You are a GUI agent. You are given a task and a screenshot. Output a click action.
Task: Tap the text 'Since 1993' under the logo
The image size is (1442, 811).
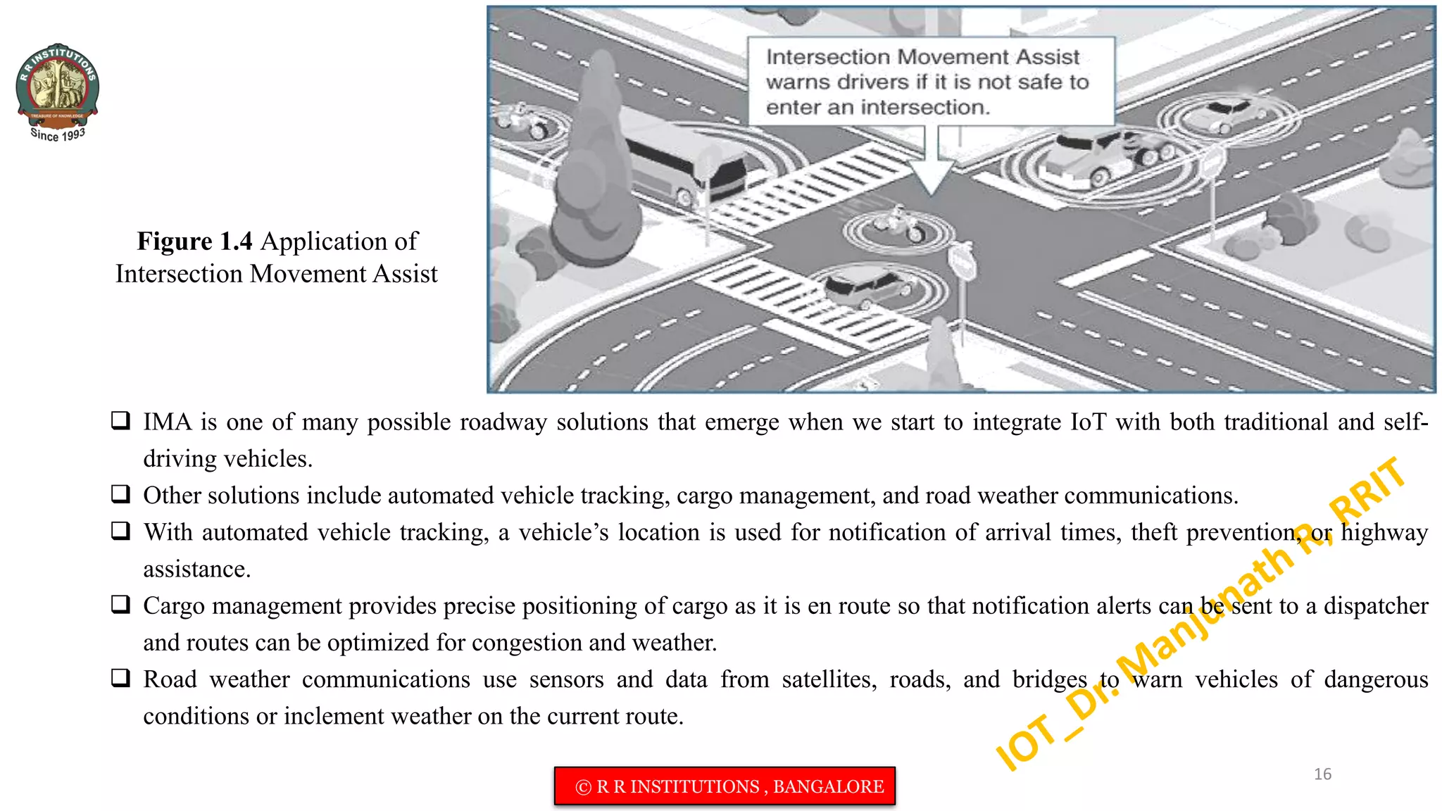(58, 134)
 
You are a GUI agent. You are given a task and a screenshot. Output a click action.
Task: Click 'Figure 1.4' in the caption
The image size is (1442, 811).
(194, 241)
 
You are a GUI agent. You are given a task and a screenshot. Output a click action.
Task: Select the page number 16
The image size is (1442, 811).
(1322, 774)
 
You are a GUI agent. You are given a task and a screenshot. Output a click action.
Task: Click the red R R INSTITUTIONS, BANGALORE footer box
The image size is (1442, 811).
(725, 786)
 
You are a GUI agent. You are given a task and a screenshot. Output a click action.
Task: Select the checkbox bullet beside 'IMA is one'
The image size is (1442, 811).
(121, 421)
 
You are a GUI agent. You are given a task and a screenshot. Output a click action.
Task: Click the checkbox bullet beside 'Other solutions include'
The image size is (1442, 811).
(121, 494)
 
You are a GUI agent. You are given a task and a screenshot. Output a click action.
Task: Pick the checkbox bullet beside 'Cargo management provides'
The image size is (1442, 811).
(121, 605)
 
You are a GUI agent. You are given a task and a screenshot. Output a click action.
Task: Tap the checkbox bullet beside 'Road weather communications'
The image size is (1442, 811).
(121, 678)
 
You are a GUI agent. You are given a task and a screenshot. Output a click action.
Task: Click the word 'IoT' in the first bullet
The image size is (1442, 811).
(1088, 422)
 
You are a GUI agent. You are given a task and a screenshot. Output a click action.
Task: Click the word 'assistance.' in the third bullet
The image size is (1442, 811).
(197, 569)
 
